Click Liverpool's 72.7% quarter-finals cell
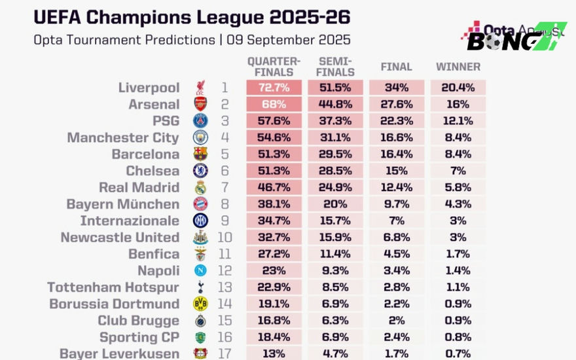point(274,88)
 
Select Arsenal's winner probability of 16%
point(458,104)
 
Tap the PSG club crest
point(200,121)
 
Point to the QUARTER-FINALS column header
point(274,66)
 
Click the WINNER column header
point(458,67)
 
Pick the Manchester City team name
point(123,137)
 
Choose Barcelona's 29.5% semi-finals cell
point(335,154)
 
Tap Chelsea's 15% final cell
point(396,171)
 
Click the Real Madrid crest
point(200,188)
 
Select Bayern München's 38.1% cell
point(274,204)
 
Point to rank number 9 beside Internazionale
point(225,221)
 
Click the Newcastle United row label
point(120,238)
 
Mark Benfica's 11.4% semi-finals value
point(335,254)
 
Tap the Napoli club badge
point(200,270)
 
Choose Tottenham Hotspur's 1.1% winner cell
point(458,287)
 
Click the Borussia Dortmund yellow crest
point(200,304)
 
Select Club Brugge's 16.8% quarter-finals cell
point(274,321)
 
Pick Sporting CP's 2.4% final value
point(396,337)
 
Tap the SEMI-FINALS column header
point(335,67)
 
